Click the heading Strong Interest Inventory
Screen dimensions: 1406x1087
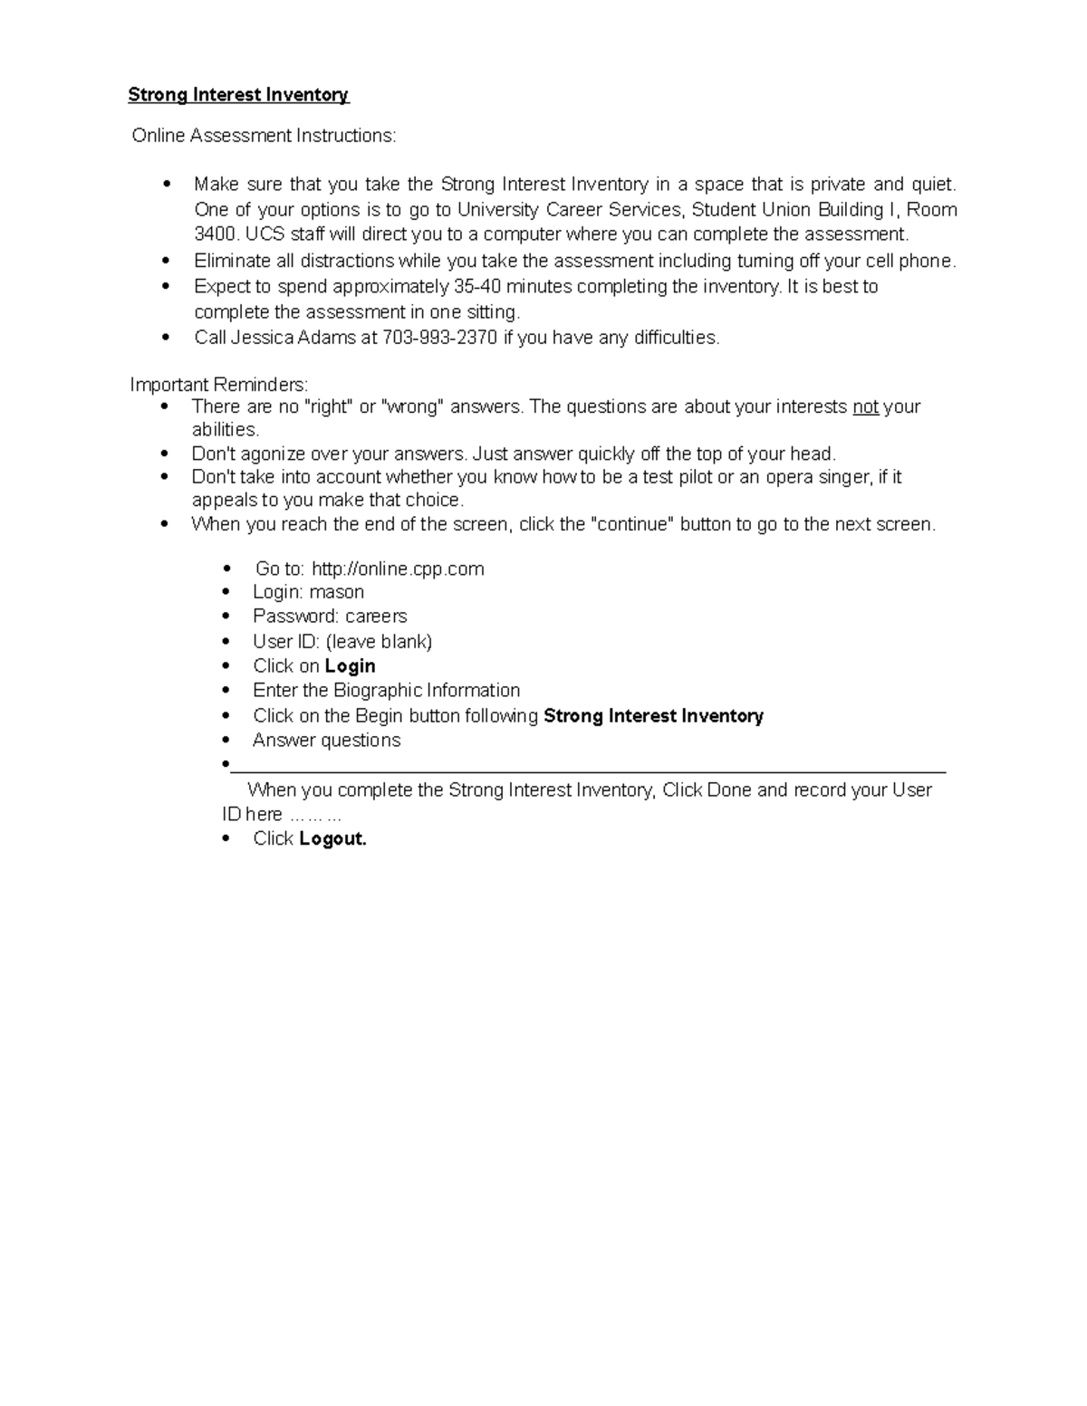pyautogui.click(x=238, y=95)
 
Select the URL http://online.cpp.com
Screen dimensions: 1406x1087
pyautogui.click(x=398, y=569)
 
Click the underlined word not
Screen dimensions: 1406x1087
pyautogui.click(x=865, y=406)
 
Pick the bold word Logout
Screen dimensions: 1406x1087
pyautogui.click(x=332, y=838)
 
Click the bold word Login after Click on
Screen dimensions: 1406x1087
pyautogui.click(x=350, y=665)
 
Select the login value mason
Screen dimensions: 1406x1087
pyautogui.click(x=336, y=592)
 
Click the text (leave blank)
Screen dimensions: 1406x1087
pyautogui.click(x=379, y=642)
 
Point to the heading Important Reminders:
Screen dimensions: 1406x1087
pyautogui.click(x=219, y=384)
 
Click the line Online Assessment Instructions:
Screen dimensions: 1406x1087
pyautogui.click(x=264, y=136)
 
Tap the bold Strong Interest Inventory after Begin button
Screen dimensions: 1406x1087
pyautogui.click(x=653, y=716)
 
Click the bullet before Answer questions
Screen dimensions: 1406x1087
pyautogui.click(x=226, y=741)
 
